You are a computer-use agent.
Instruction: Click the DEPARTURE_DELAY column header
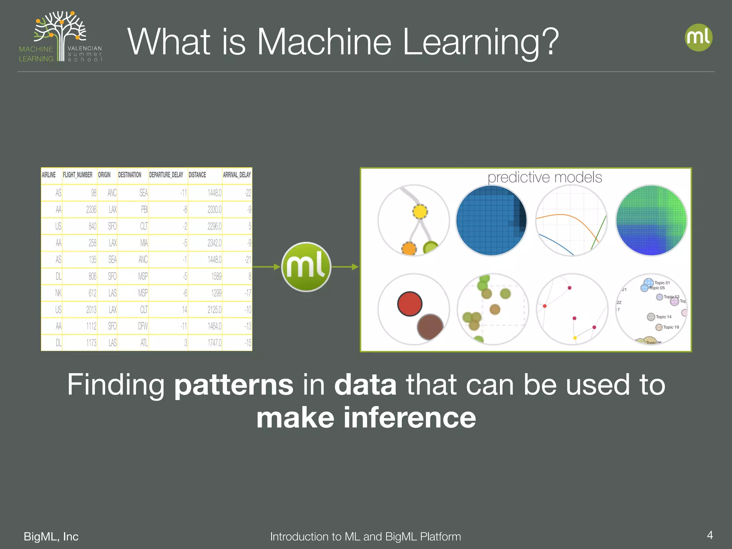point(166,175)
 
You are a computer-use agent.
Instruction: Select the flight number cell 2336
point(91,209)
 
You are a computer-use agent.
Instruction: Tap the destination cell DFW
point(143,326)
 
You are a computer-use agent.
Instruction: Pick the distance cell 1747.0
point(214,343)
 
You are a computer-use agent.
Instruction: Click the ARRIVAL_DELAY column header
point(237,175)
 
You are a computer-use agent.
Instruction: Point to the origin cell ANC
point(112,193)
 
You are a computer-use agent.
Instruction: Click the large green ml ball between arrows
point(306,267)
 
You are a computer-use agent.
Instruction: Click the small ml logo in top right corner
point(698,38)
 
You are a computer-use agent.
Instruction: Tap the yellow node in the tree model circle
point(420,212)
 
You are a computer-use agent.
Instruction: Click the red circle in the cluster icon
point(410,304)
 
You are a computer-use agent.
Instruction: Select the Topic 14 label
point(663,317)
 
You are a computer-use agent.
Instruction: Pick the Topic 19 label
point(671,327)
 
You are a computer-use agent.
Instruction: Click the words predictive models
point(545,177)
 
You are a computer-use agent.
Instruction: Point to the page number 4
point(710,535)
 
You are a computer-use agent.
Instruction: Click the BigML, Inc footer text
point(51,536)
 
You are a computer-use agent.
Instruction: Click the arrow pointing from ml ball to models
point(345,267)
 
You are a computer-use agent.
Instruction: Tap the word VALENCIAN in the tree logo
point(85,48)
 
